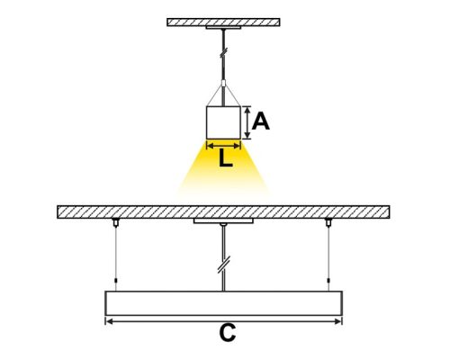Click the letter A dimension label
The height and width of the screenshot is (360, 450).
point(261,121)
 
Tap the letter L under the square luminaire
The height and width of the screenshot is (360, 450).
point(223,159)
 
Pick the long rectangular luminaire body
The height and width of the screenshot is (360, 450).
point(224,302)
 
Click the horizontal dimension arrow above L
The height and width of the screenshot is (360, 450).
point(223,143)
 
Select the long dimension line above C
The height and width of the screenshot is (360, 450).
point(224,320)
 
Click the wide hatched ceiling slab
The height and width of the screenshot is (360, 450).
point(223,211)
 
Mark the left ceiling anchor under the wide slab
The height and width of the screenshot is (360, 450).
point(115,222)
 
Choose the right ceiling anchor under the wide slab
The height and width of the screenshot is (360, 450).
point(329,222)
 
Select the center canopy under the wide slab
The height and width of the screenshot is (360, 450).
point(223,220)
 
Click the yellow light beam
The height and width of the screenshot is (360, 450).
point(223,175)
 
